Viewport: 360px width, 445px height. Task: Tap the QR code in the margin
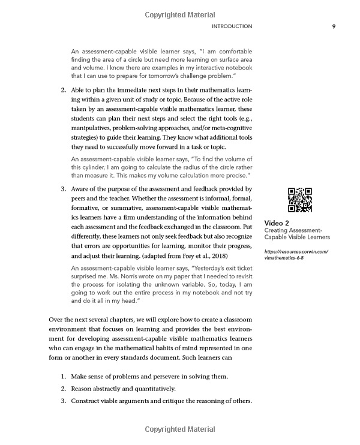[x=300, y=200]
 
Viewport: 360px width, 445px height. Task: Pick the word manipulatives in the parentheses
[x=94, y=127]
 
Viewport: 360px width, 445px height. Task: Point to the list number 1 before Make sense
[x=64, y=376]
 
